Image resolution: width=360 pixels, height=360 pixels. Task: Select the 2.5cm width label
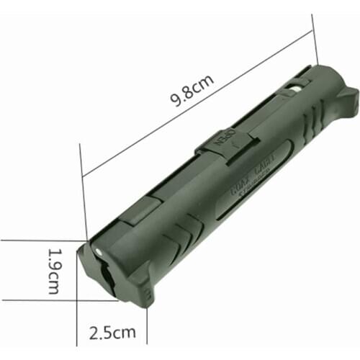tap(112, 333)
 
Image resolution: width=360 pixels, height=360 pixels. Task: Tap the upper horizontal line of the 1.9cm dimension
tap(43, 240)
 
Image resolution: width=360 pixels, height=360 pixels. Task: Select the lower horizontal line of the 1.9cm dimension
tap(43, 300)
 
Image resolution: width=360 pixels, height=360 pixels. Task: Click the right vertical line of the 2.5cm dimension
tap(147, 328)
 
